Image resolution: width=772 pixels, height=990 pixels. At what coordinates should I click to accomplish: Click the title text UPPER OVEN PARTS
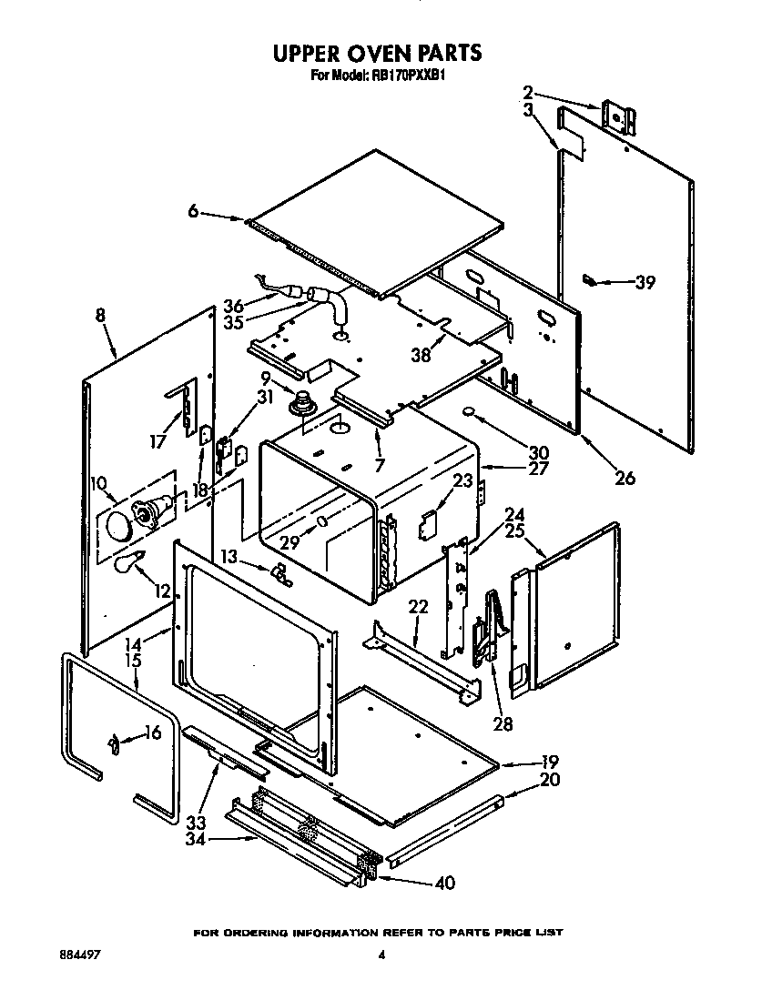click(378, 54)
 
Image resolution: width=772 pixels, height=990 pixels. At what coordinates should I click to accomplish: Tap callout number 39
click(645, 282)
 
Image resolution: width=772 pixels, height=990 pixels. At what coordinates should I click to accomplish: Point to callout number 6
click(193, 212)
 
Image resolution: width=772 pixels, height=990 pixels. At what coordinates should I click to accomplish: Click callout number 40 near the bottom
click(443, 883)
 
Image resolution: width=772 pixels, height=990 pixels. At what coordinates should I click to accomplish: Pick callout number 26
click(624, 476)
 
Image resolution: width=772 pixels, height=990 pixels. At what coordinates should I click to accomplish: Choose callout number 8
click(99, 316)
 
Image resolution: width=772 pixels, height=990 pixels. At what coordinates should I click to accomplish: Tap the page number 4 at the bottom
click(381, 955)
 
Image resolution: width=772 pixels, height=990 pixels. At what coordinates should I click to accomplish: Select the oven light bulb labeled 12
click(127, 562)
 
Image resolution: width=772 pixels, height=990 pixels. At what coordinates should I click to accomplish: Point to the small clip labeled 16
click(114, 745)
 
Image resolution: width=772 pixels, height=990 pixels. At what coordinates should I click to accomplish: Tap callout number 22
click(418, 607)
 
